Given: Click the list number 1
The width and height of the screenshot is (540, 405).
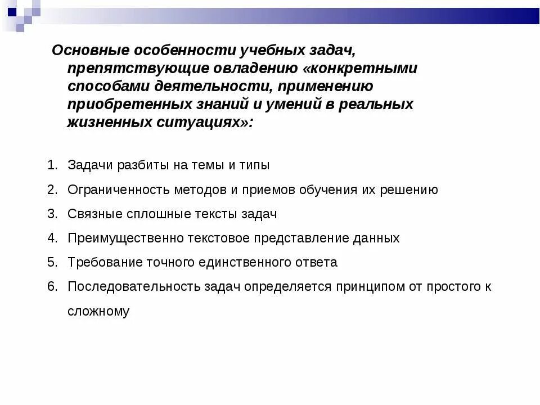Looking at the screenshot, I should [x=52, y=165].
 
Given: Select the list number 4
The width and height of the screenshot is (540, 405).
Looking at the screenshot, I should [x=52, y=238].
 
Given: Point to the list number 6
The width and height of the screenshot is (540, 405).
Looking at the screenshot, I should [x=52, y=286].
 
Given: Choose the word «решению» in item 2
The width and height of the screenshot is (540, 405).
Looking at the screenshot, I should [x=409, y=190].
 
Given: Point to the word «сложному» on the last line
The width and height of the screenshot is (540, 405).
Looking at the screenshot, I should [x=98, y=311].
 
